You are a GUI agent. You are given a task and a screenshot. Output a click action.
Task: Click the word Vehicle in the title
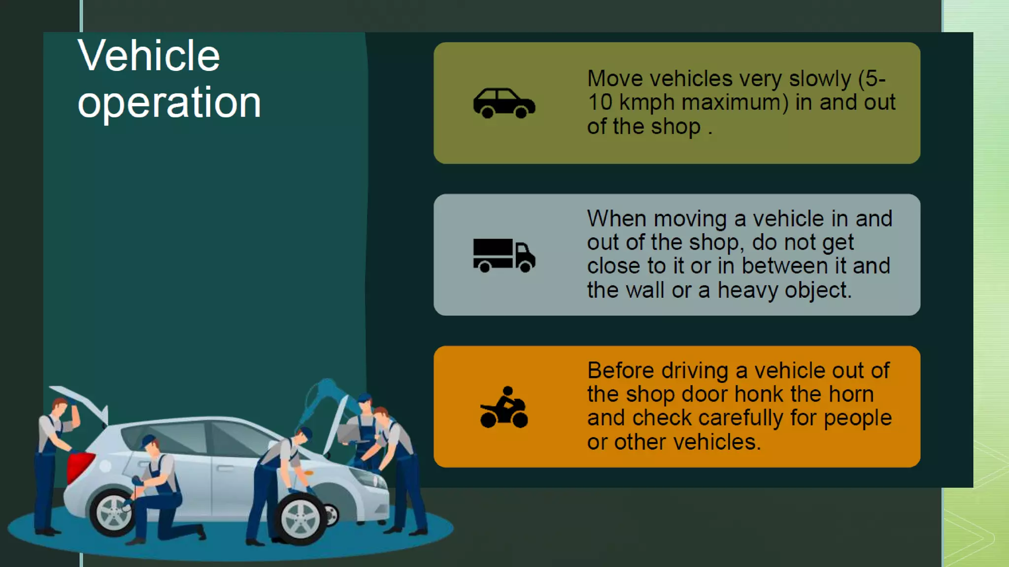[x=148, y=56]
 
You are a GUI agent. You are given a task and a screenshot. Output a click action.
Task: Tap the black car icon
[x=504, y=103]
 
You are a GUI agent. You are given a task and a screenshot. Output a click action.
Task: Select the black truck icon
[x=504, y=255]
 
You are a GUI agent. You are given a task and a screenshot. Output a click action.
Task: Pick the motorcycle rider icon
[x=504, y=408]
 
